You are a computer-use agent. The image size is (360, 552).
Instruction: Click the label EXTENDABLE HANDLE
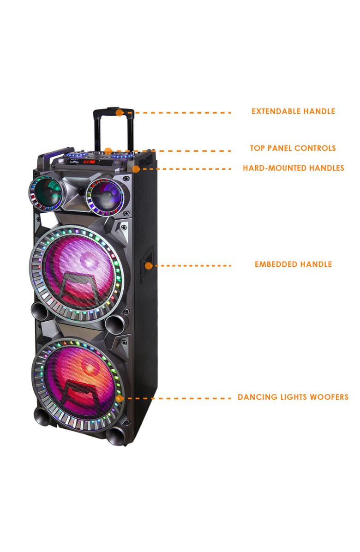coord(293,111)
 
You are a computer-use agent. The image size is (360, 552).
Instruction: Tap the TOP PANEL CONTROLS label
coord(293,148)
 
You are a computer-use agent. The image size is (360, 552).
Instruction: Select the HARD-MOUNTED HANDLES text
coord(293,168)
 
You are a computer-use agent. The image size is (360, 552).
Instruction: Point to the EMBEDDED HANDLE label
coord(293,264)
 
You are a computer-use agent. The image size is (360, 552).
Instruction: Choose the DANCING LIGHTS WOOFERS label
coord(293,397)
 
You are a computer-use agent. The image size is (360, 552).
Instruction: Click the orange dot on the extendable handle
coord(119,112)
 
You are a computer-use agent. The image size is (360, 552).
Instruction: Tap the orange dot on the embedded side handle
coord(149,265)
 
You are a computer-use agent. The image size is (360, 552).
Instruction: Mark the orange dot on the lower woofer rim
coord(120,398)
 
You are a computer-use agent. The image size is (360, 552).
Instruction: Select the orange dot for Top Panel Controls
coord(108,150)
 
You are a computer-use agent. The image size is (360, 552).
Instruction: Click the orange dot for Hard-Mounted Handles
coord(136,169)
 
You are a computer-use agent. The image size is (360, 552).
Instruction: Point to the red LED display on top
coord(90,162)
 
